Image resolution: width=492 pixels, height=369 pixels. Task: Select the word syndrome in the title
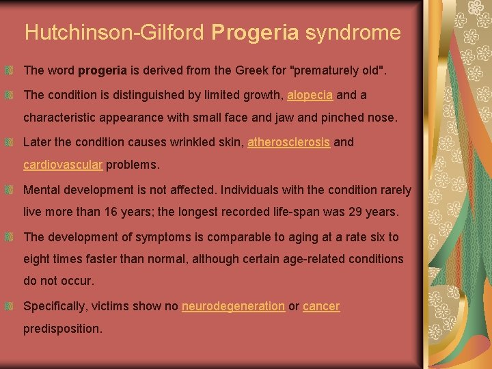(x=353, y=33)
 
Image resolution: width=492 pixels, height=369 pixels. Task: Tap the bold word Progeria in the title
(x=256, y=33)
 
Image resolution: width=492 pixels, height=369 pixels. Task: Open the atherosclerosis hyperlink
(x=289, y=143)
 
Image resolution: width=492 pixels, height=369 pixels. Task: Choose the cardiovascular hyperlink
(x=63, y=165)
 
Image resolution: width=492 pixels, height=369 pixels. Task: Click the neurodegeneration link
(x=233, y=306)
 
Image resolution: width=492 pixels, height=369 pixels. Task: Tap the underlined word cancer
(x=321, y=306)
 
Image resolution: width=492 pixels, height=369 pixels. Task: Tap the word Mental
(x=42, y=190)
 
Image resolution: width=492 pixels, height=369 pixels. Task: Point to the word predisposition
(x=62, y=329)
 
